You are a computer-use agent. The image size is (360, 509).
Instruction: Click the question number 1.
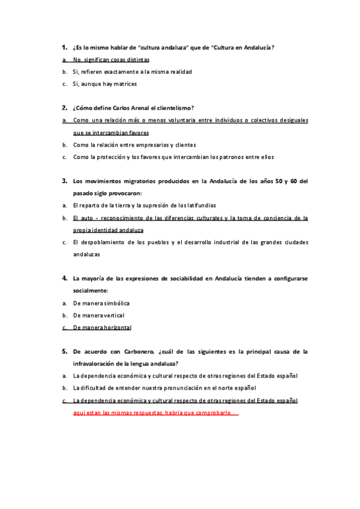click(64, 46)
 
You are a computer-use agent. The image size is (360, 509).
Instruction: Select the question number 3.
click(64, 179)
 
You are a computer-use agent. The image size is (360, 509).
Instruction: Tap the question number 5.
click(64, 351)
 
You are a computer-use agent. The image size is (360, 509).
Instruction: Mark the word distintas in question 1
click(136, 60)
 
